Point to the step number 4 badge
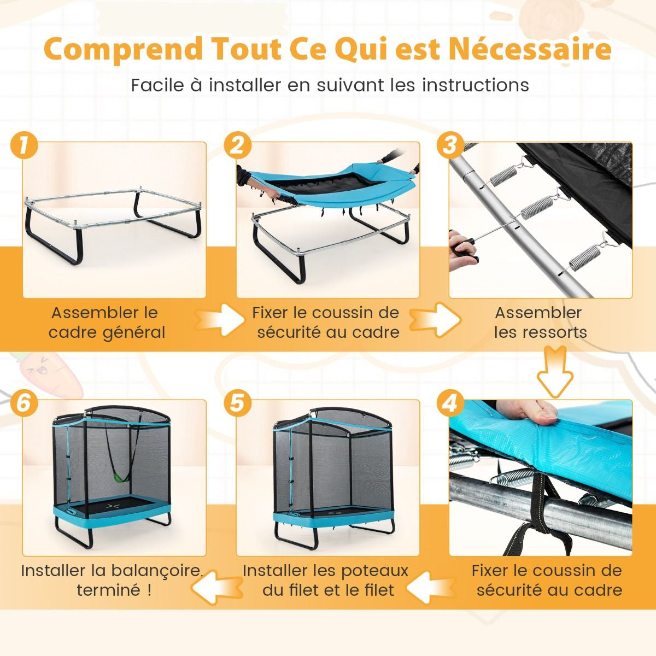(x=450, y=403)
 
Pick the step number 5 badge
(x=237, y=403)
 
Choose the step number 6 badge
(x=25, y=403)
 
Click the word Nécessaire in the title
(x=530, y=49)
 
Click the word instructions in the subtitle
(x=476, y=85)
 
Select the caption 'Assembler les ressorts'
(x=540, y=323)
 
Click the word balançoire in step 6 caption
(x=156, y=571)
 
